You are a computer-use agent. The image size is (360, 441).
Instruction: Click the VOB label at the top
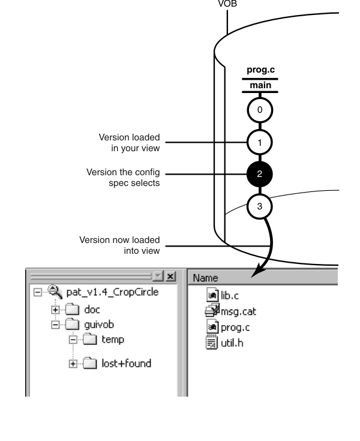coord(227,4)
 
